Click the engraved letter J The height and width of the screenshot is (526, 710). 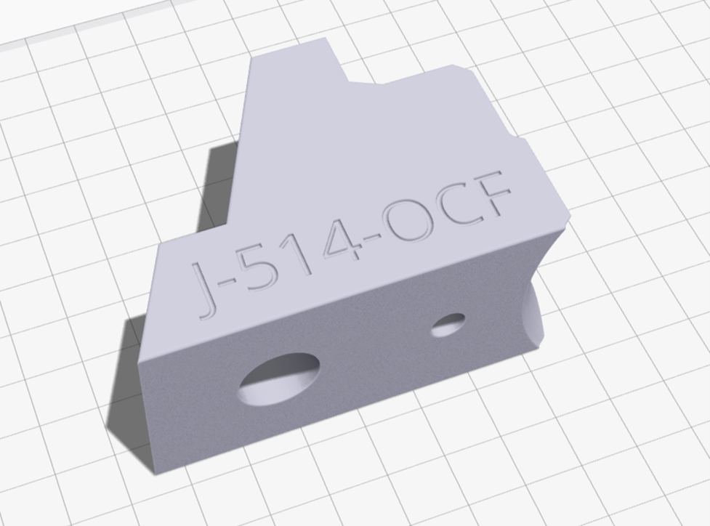[x=206, y=290]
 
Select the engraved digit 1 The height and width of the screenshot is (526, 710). [x=298, y=254]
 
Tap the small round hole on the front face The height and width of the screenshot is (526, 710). [x=448, y=325]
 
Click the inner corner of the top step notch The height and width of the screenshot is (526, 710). [x=350, y=82]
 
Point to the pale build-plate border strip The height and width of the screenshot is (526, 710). [x=73, y=25]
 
